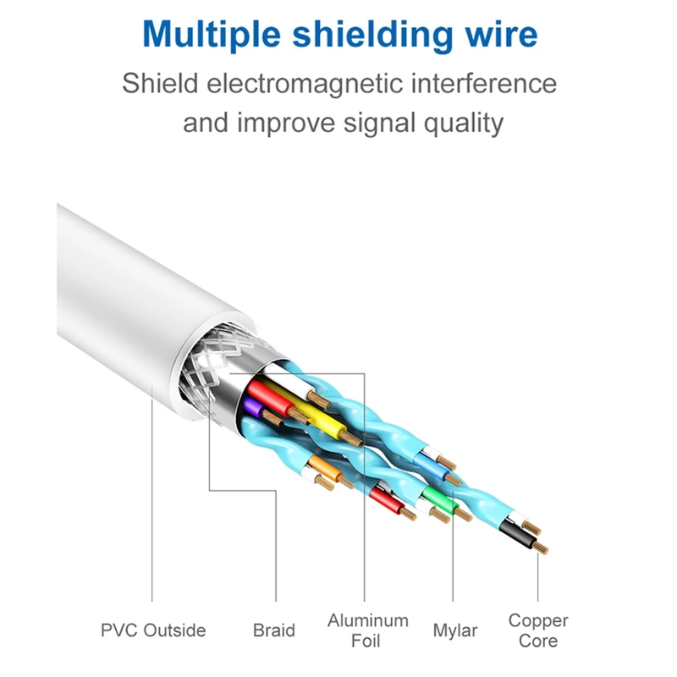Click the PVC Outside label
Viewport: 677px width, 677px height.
point(153,630)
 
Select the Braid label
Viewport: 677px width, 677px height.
point(274,630)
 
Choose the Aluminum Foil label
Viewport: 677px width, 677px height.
point(367,630)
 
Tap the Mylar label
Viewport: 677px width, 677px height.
point(455,630)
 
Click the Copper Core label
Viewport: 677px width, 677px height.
point(538,630)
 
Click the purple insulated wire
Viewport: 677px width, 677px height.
point(252,409)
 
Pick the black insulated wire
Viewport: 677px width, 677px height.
point(515,533)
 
